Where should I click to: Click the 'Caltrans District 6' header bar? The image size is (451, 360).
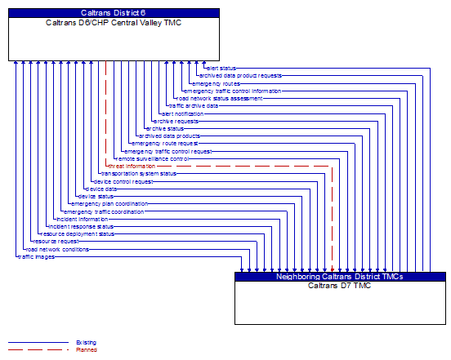[114, 13]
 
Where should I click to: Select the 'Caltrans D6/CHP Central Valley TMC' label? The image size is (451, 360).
[114, 22]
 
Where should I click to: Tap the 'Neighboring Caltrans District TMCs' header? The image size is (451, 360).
[340, 277]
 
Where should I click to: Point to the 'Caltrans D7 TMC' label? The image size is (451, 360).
[340, 286]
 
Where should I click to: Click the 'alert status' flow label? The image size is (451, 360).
[221, 68]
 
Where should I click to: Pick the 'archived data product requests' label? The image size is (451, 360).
[241, 75]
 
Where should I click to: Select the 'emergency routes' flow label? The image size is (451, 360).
[216, 83]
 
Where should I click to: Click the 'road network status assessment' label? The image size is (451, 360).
[220, 98]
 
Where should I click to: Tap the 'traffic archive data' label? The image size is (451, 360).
[194, 105]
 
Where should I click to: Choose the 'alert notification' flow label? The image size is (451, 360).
[183, 113]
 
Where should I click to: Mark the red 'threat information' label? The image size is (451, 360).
[132, 166]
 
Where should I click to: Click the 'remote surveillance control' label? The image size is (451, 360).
[153, 158]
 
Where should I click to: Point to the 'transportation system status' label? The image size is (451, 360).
[139, 173]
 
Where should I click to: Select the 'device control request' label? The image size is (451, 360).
[123, 181]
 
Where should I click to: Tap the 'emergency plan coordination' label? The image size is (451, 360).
[109, 203]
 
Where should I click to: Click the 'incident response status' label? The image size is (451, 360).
[81, 226]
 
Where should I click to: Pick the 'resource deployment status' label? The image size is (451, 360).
[78, 233]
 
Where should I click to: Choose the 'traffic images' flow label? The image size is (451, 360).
[36, 256]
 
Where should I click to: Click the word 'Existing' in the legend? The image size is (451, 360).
[86, 342]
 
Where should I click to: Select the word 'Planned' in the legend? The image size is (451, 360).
[86, 349]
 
